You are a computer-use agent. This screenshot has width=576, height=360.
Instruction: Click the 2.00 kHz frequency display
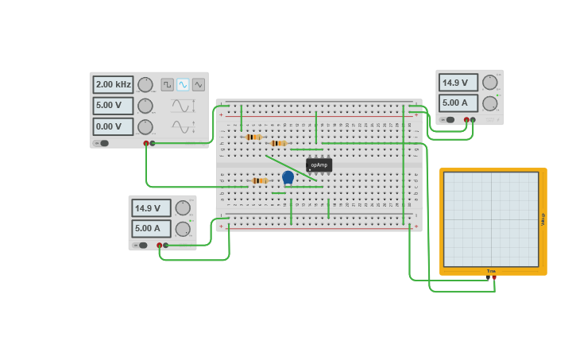[x=112, y=84]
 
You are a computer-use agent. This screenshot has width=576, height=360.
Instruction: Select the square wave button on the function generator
[x=167, y=84]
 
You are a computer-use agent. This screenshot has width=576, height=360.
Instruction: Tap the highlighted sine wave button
[x=183, y=84]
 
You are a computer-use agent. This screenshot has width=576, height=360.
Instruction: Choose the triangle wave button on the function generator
[x=199, y=84]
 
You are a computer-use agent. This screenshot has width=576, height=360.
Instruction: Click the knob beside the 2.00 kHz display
[x=145, y=84]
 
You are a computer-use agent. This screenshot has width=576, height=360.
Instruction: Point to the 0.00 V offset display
[x=112, y=126]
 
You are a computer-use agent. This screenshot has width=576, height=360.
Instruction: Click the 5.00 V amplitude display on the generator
[x=112, y=106]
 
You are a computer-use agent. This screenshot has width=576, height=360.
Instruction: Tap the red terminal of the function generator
[x=146, y=143]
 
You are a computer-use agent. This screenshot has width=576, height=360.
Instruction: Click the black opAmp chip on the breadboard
[x=319, y=165]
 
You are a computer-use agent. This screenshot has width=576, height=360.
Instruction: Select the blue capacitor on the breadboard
[x=288, y=177]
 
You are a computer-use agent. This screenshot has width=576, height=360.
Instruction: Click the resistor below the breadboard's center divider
[x=258, y=180]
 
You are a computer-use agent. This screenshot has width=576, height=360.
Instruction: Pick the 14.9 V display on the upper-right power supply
[x=458, y=83]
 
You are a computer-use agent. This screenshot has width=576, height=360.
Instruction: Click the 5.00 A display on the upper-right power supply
[x=458, y=103]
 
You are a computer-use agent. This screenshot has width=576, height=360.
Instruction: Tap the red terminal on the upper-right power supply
[x=473, y=120]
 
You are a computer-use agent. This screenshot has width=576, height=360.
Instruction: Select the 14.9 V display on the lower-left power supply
[x=151, y=208]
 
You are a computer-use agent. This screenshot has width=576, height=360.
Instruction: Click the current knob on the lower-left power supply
[x=183, y=229]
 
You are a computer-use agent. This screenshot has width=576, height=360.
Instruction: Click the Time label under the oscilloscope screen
[x=491, y=271]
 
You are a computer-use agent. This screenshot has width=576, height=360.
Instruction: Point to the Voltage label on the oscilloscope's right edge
[x=543, y=219]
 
